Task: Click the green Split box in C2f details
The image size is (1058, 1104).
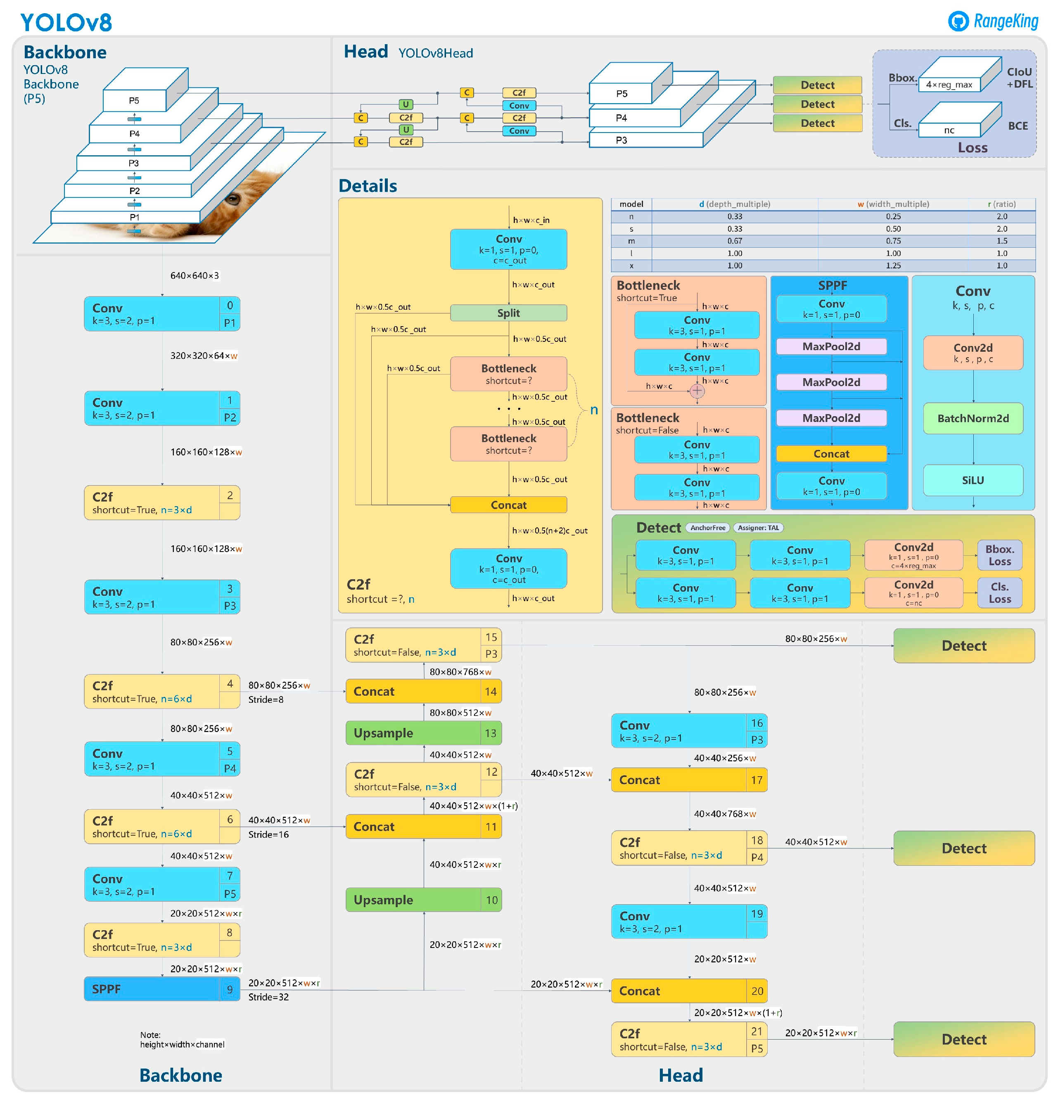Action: pos(508,313)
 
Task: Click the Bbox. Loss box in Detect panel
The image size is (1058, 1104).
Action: pos(999,555)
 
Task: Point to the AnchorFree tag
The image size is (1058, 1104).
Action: pos(707,528)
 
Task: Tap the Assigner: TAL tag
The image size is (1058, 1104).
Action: pos(758,528)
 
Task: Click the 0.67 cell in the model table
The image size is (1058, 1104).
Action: pos(734,241)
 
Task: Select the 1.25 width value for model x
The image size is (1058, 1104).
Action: pos(893,265)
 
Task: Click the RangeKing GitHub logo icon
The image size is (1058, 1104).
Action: pos(958,21)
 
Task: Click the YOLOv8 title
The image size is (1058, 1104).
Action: pos(66,23)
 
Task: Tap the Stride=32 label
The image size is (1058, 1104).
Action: pos(268,997)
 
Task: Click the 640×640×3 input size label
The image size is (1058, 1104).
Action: pos(195,275)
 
